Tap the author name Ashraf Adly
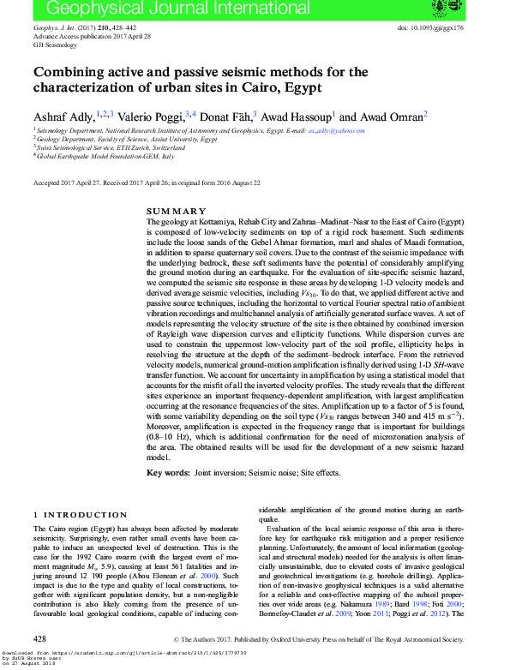tap(63, 116)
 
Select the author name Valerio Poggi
tap(151, 116)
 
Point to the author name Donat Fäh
tap(228, 116)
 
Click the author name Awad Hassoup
tap(297, 116)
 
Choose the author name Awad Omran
tap(386, 116)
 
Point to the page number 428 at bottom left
tap(39, 639)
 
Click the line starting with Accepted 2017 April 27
tap(147, 182)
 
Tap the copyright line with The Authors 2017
tap(318, 640)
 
